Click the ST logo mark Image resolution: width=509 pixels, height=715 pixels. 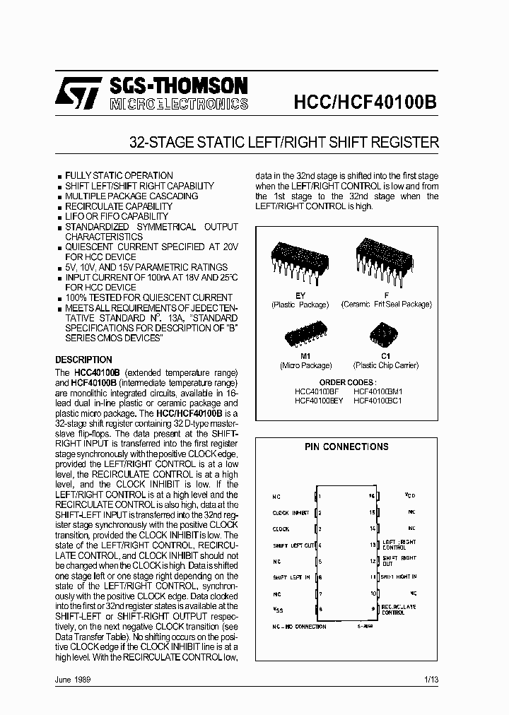(86, 93)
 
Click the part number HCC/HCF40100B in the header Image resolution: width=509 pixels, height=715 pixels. (365, 101)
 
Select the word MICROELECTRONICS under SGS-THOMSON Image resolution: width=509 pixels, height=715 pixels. (178, 105)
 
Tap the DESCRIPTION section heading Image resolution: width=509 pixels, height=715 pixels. (83, 360)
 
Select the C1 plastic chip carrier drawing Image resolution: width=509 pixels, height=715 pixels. (385, 334)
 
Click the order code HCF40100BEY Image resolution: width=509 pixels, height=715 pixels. (319, 401)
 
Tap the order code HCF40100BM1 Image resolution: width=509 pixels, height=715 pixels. (378, 391)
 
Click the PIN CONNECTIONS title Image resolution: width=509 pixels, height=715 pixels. (346, 447)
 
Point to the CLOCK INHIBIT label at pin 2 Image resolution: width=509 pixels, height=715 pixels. (291, 513)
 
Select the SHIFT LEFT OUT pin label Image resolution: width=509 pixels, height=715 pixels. (293, 545)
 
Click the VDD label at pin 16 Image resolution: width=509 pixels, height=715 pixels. (410, 495)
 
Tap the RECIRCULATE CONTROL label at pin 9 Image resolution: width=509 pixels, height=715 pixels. (399, 610)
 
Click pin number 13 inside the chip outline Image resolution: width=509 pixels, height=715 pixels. (371, 545)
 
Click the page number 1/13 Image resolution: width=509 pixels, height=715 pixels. (431, 679)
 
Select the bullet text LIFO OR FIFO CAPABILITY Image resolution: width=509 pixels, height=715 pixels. (117, 216)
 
